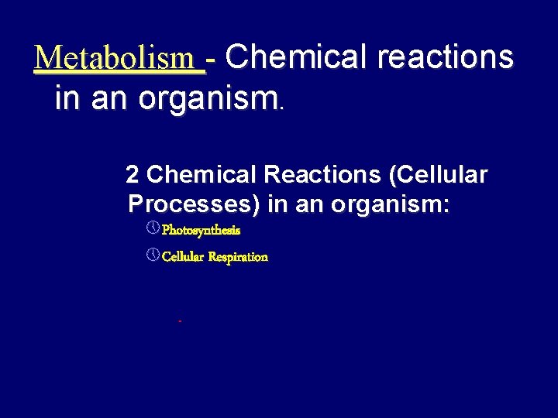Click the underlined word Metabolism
[119, 58]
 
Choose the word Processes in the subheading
[194, 204]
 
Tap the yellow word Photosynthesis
[201, 231]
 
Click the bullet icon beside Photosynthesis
[153, 229]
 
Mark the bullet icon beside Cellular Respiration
[153, 255]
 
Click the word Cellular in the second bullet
[182, 257]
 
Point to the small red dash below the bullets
[179, 320]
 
